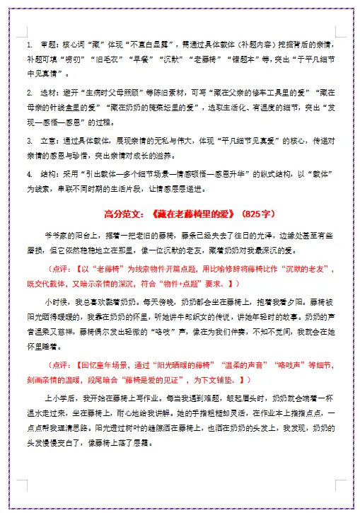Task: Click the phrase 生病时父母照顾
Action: pos(117,93)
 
